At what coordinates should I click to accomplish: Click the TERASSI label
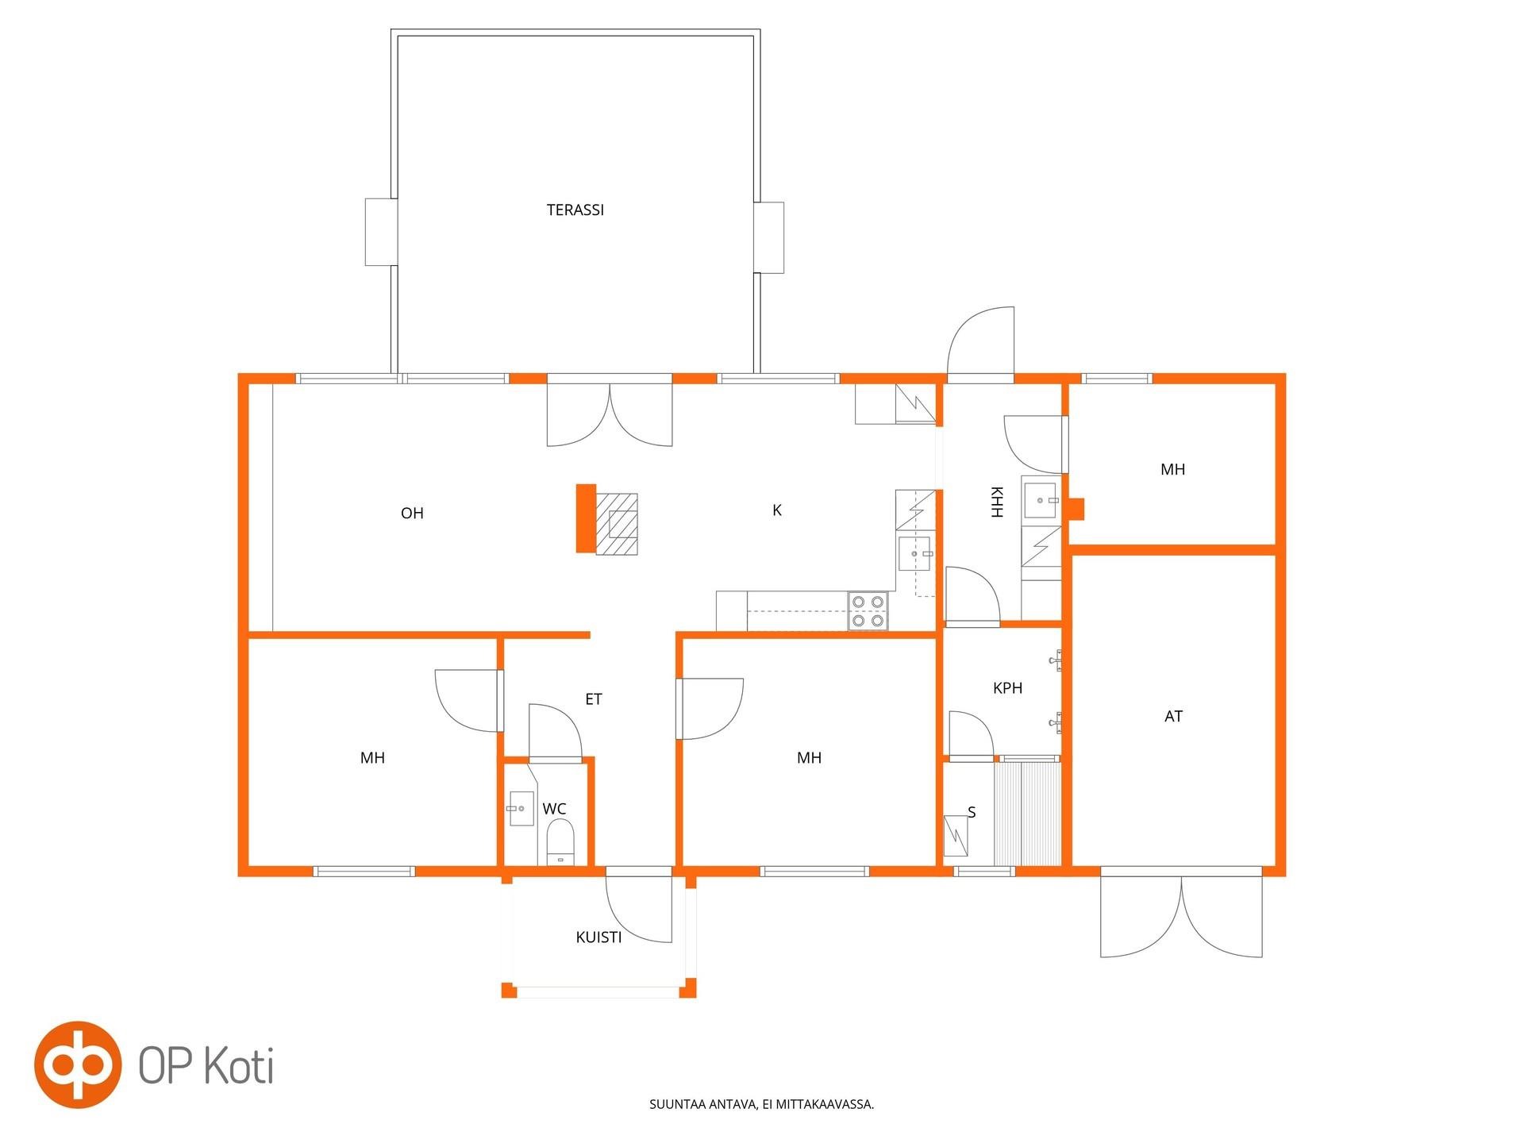(575, 210)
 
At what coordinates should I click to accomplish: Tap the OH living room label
(412, 514)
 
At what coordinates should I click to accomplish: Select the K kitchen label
(777, 510)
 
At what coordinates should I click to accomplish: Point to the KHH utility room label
(997, 502)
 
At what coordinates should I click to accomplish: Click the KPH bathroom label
(1008, 688)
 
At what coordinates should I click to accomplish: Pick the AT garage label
(1174, 717)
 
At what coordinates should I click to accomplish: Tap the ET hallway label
(594, 699)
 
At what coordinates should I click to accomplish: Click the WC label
(555, 809)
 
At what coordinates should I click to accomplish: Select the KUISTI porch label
(599, 937)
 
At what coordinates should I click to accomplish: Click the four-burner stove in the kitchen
(868, 611)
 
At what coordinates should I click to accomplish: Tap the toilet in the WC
(560, 842)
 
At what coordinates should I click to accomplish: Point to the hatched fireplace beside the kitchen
(617, 524)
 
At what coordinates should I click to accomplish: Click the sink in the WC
(521, 808)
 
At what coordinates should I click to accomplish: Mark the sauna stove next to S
(956, 836)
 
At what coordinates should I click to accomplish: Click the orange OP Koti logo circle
(78, 1064)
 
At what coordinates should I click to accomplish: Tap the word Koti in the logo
(239, 1065)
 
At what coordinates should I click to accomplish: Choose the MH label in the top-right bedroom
(1173, 470)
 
